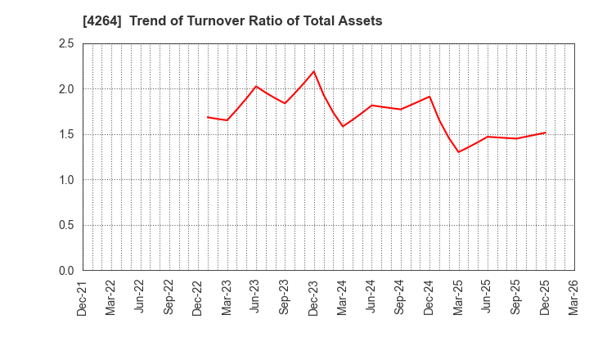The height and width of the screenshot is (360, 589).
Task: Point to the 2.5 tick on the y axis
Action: click(66, 43)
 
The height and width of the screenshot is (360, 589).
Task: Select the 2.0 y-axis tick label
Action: click(66, 89)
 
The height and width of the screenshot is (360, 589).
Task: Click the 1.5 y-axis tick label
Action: click(66, 134)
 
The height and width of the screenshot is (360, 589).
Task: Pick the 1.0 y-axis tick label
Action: click(66, 180)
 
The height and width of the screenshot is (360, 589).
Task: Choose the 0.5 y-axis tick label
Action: click(66, 225)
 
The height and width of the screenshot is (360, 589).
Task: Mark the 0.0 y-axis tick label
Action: click(66, 271)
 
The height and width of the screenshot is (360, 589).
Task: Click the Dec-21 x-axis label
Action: click(83, 298)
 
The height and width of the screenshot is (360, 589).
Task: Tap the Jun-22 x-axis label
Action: click(141, 298)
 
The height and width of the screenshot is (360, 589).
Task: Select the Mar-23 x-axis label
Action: click(227, 298)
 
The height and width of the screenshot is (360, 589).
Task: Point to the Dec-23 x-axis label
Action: click(314, 298)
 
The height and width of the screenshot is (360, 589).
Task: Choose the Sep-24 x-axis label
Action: click(401, 298)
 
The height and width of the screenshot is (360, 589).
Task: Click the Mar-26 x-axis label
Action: click(574, 298)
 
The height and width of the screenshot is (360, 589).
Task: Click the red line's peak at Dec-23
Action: click(314, 71)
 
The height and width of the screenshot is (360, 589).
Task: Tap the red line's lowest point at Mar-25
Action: click(458, 152)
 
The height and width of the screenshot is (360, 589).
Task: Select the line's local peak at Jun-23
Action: click(256, 86)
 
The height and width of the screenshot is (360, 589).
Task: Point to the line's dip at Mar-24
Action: click(343, 126)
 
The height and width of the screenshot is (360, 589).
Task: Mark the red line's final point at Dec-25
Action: click(545, 133)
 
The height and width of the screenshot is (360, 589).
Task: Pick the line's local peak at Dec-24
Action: click(429, 97)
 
